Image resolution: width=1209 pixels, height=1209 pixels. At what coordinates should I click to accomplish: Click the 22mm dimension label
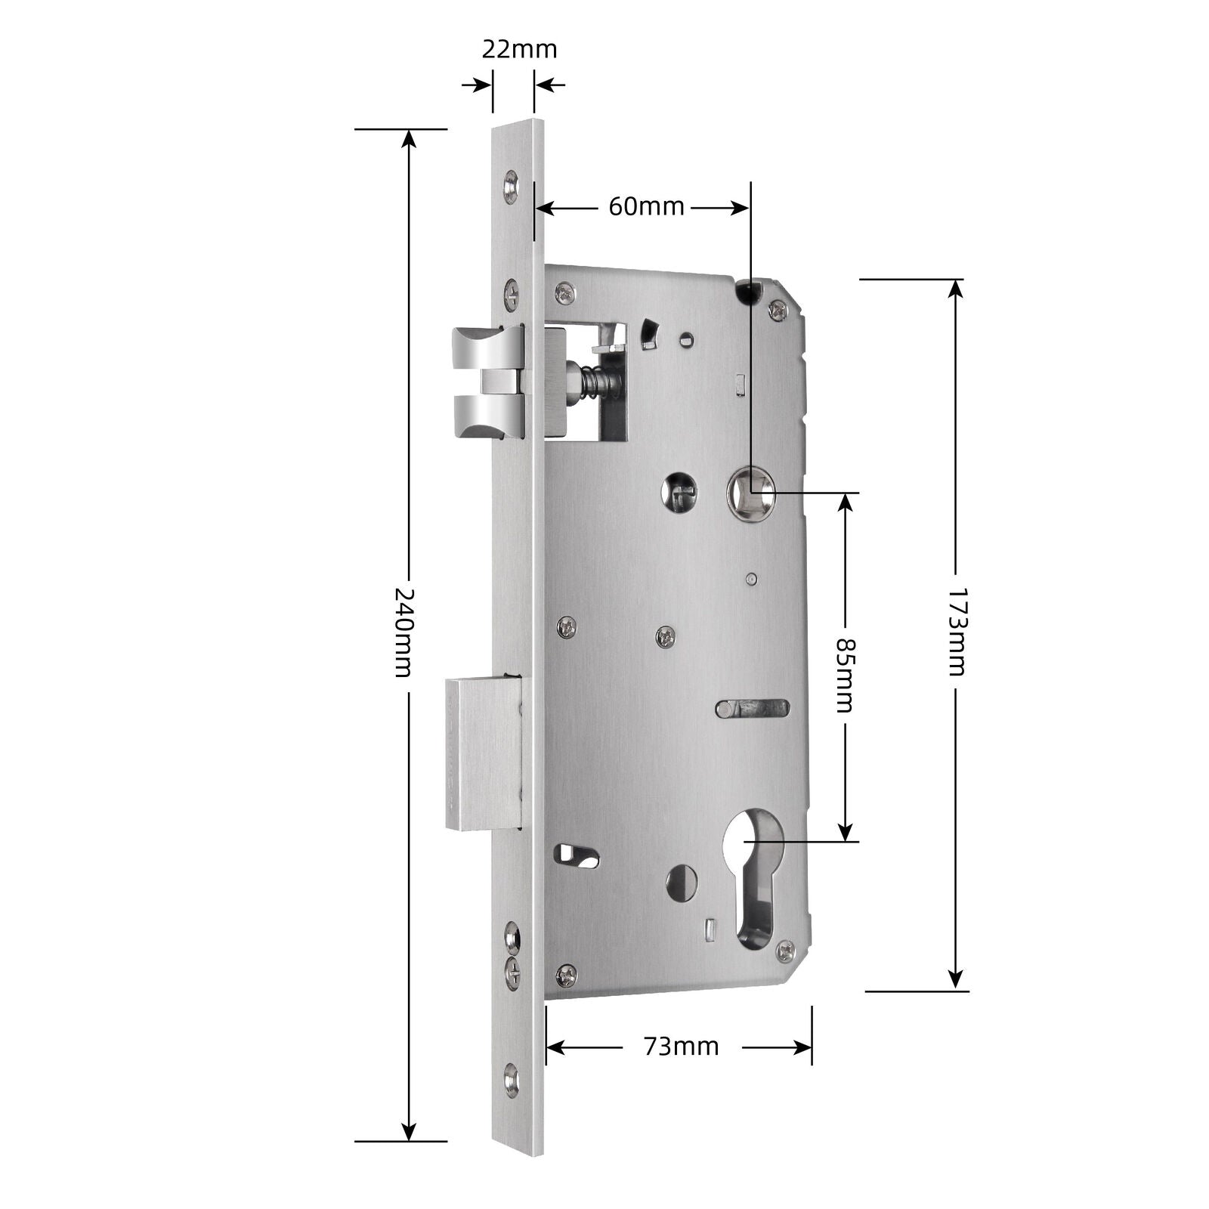click(x=519, y=49)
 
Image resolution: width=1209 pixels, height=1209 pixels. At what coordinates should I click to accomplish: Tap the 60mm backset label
click(x=646, y=206)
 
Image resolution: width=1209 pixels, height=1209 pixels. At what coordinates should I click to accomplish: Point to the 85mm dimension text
click(x=844, y=675)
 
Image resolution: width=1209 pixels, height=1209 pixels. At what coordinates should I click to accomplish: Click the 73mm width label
click(x=681, y=1047)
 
